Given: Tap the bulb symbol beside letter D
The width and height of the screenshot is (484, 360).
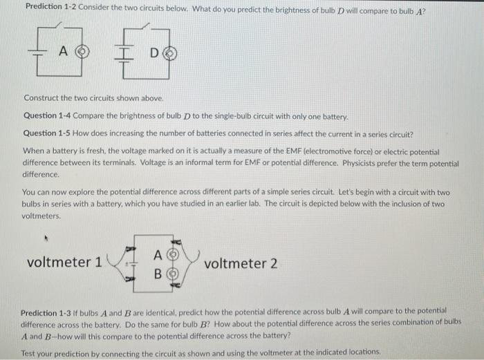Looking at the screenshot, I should pos(167,53).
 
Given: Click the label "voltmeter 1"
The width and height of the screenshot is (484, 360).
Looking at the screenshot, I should pos(64,263).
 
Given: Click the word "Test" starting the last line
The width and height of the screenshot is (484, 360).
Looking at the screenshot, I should pos(30,353).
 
